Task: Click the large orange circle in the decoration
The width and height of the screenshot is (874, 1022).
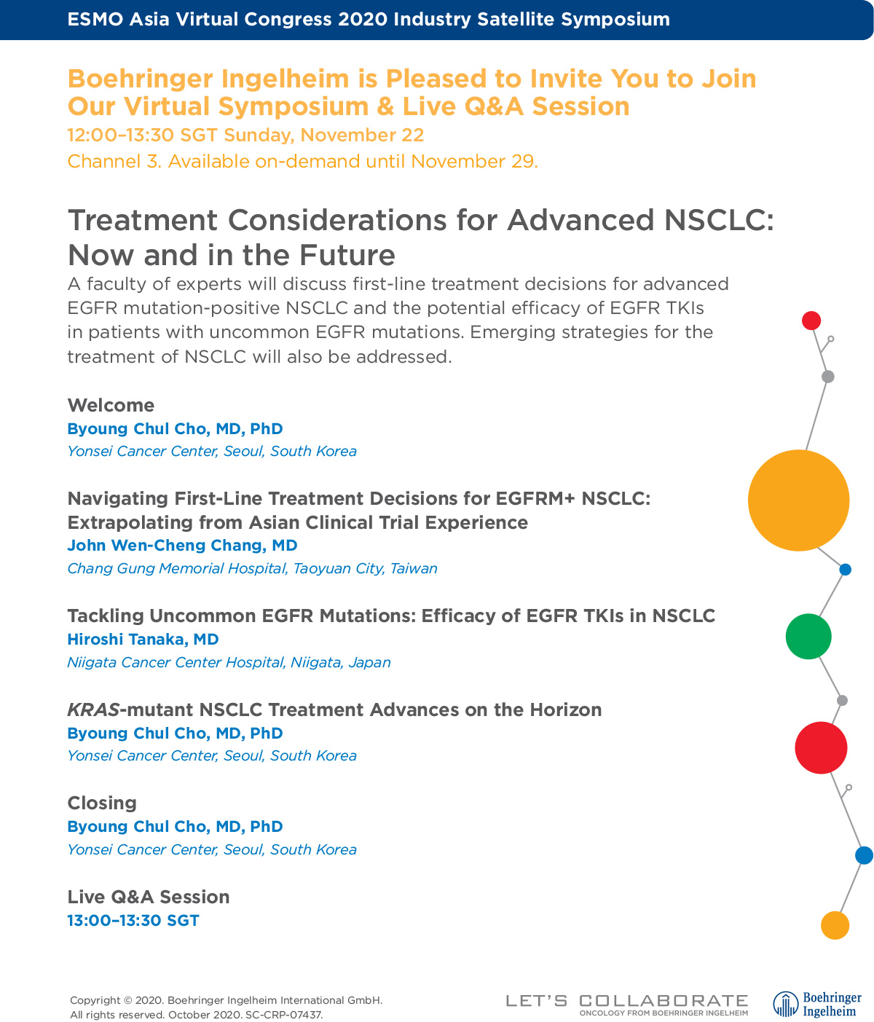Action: [x=798, y=500]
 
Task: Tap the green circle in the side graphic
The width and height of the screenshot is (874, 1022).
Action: [x=808, y=636]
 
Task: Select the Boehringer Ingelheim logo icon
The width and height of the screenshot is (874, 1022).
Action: [x=786, y=1004]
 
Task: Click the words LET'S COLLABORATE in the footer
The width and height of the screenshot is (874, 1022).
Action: [x=627, y=1001]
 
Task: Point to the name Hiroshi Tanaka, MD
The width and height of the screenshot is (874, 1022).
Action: [x=143, y=639]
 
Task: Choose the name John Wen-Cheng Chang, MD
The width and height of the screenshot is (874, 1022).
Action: [x=182, y=545]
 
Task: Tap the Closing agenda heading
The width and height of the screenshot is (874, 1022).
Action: [x=102, y=803]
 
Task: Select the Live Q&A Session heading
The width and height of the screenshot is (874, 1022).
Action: [x=149, y=897]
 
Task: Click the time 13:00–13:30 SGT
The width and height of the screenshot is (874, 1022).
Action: [x=133, y=920]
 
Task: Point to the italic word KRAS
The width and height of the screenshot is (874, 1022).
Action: [x=92, y=709]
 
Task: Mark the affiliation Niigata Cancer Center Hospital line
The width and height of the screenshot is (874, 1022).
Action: [x=229, y=662]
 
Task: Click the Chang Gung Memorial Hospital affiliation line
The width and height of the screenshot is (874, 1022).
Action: [x=252, y=568]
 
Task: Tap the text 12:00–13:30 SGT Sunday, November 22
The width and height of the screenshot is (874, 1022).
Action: [x=245, y=135]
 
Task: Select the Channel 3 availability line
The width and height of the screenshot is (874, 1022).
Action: [x=302, y=161]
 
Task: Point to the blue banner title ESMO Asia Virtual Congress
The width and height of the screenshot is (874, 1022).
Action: [x=369, y=20]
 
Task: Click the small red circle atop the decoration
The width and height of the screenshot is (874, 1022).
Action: [x=811, y=321]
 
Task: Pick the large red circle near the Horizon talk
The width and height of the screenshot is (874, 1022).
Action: [x=821, y=747]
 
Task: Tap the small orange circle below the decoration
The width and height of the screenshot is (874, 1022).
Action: [x=835, y=925]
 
